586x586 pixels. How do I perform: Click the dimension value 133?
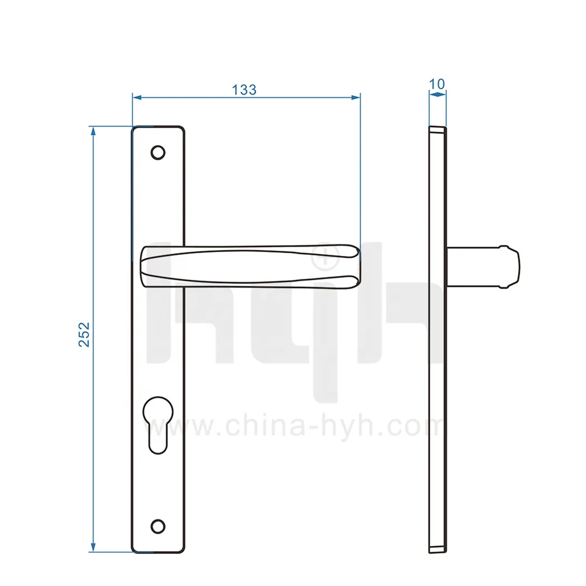click(244, 89)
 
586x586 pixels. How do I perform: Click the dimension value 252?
click(84, 334)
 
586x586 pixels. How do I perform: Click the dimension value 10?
click(437, 83)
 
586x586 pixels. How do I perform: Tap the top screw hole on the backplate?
click(158, 152)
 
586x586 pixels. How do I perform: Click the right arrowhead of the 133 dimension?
click(356, 97)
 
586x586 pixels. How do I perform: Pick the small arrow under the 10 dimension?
click(437, 95)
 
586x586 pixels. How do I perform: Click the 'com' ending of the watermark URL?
click(420, 427)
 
